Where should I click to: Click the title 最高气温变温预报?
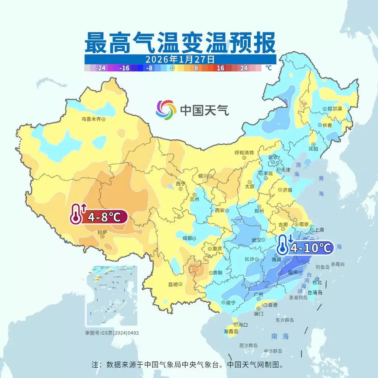click(180, 43)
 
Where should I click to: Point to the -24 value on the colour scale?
click(101, 68)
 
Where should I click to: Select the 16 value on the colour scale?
click(221, 68)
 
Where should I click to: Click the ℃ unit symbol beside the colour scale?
click(268, 68)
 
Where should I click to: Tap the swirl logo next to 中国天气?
click(166, 110)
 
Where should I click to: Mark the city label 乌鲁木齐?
click(91, 119)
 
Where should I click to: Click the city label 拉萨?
click(102, 233)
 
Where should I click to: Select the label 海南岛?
click(231, 331)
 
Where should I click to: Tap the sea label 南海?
click(280, 336)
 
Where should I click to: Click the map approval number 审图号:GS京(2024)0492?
click(112, 333)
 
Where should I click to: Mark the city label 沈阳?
click(313, 149)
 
